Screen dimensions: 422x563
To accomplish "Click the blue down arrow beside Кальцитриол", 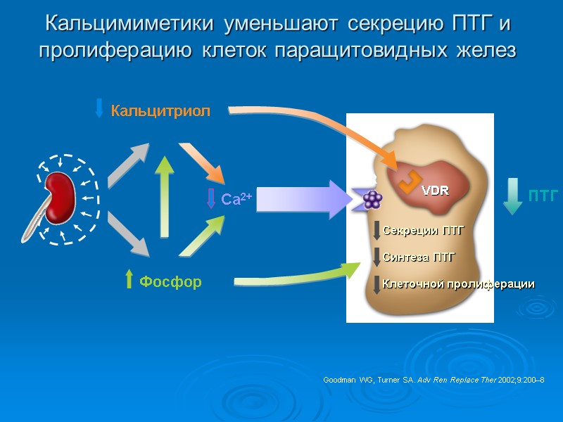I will [x=99, y=108].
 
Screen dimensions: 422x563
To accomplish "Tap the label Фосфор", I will [x=170, y=282].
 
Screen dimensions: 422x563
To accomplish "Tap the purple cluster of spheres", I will [x=372, y=200].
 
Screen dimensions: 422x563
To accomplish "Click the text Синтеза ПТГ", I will [x=419, y=257].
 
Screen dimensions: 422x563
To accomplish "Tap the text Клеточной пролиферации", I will [x=458, y=284].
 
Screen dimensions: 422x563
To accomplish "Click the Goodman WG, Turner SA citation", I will [x=434, y=380].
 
